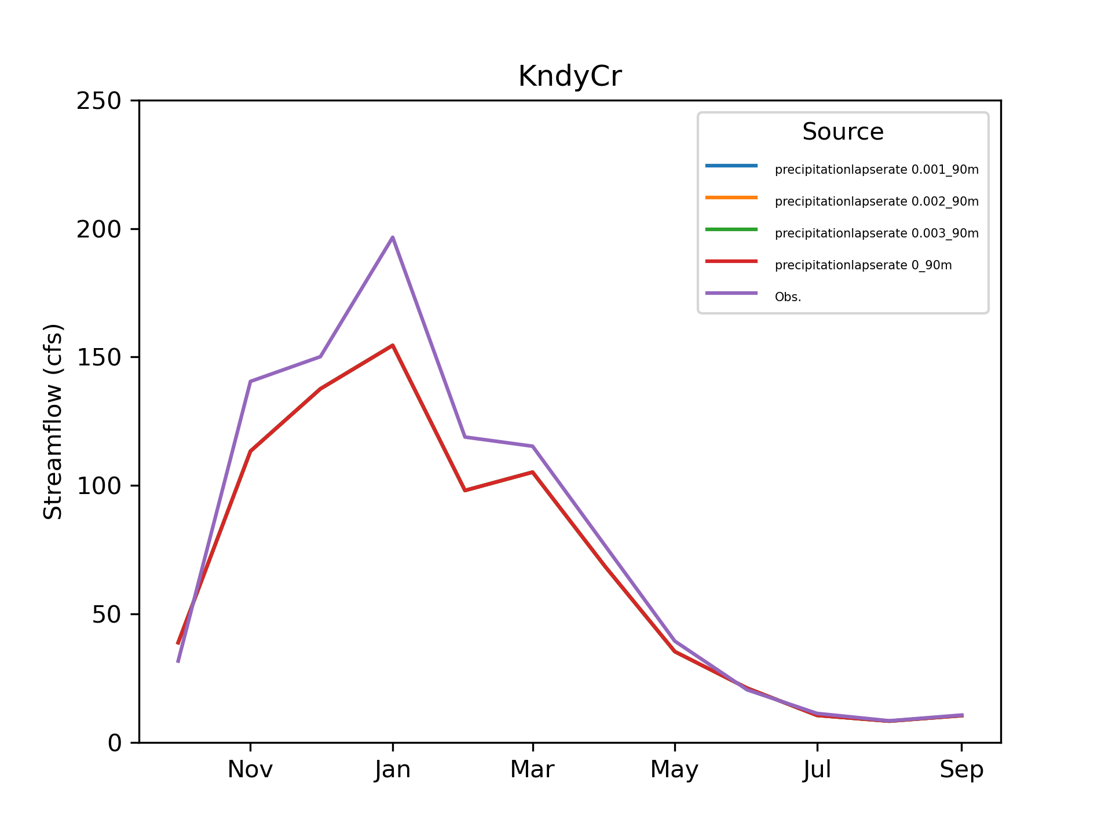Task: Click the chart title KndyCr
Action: tap(569, 76)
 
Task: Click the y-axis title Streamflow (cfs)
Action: tap(53, 422)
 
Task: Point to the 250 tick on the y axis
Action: tap(99, 101)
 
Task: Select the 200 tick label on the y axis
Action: tap(99, 229)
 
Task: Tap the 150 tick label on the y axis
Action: tap(99, 357)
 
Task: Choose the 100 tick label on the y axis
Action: tap(99, 486)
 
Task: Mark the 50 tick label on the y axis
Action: tap(107, 614)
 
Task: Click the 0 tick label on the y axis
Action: tap(115, 743)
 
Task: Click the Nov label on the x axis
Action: tap(250, 770)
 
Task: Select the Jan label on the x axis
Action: tap(393, 770)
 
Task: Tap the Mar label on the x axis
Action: tap(532, 770)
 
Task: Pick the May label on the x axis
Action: tap(675, 770)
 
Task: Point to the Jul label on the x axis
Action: tap(817, 770)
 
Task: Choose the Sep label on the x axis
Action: tap(961, 770)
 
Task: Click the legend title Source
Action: tap(843, 132)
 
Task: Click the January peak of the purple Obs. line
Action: tap(393, 237)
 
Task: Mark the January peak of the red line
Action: tap(393, 345)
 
